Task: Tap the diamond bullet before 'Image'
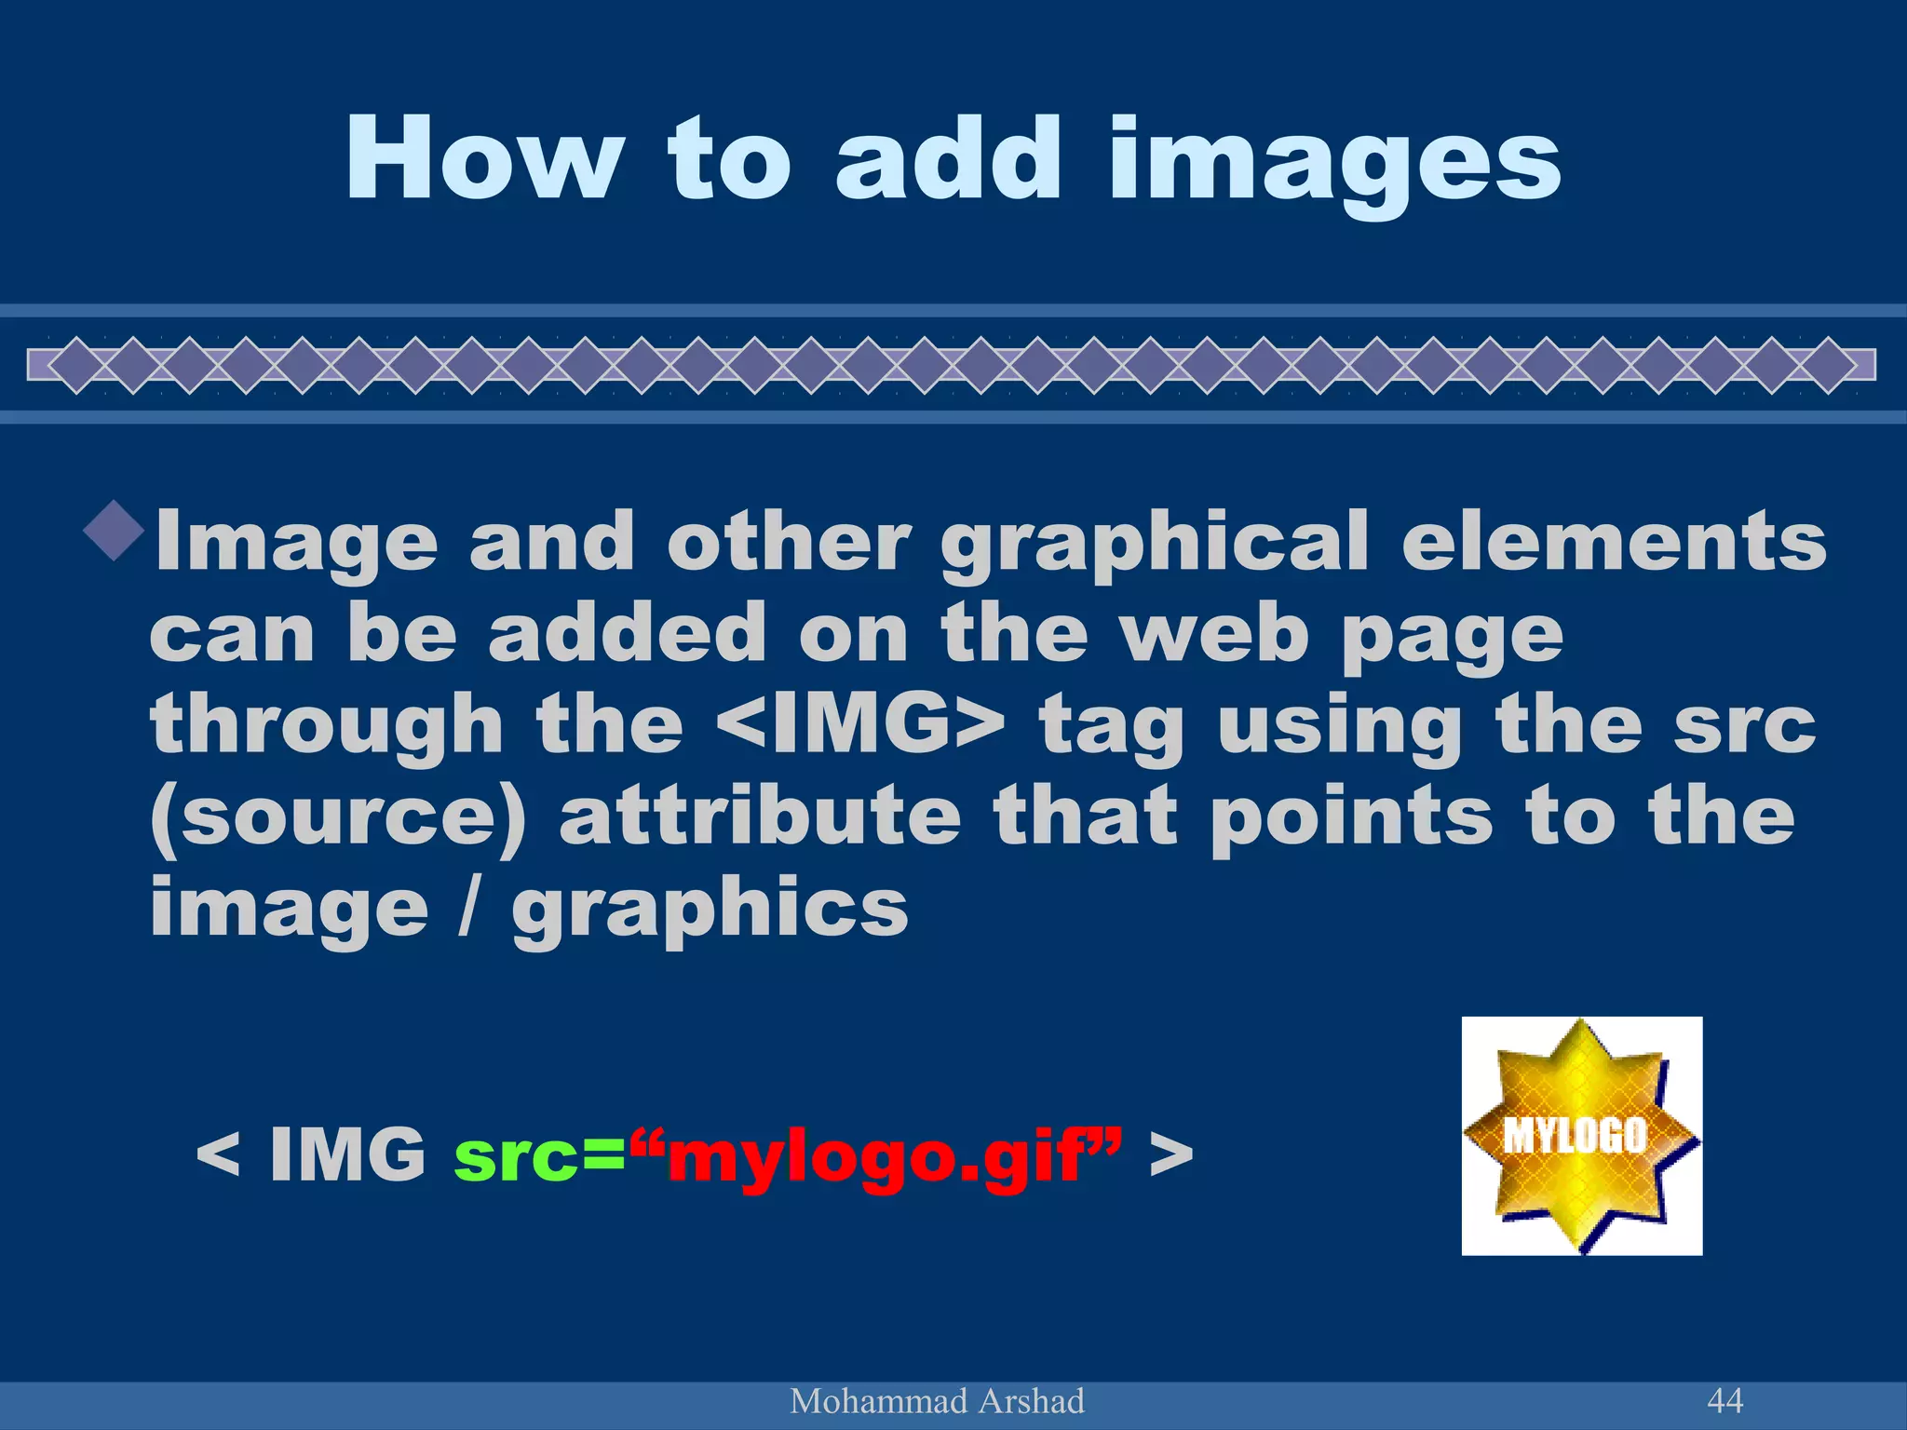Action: point(114,531)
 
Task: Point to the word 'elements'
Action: point(1614,542)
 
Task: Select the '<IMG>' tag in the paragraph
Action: point(862,726)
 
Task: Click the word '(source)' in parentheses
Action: point(338,817)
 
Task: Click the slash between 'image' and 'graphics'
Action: point(469,908)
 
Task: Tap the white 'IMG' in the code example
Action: point(347,1154)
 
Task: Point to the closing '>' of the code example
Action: point(1171,1155)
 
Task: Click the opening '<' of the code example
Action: point(218,1155)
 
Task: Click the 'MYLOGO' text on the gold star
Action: point(1575,1135)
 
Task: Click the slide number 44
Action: point(1724,1399)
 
